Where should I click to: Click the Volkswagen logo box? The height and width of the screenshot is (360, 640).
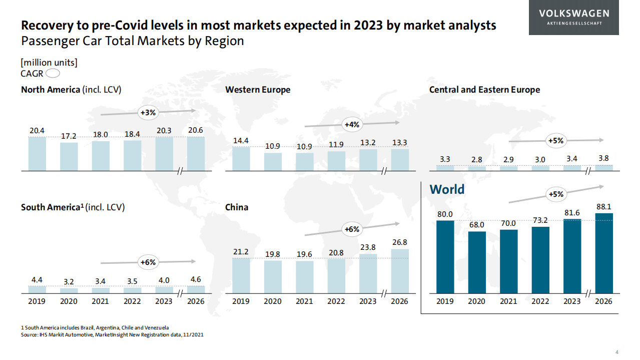[x=573, y=18]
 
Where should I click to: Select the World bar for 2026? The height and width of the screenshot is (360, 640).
[x=604, y=253]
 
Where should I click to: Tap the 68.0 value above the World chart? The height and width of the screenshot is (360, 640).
[x=477, y=225]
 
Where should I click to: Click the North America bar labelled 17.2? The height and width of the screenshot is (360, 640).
[x=69, y=157]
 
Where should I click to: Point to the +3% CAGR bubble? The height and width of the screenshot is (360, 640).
[x=148, y=113]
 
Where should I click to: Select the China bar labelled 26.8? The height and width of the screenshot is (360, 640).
[x=399, y=271]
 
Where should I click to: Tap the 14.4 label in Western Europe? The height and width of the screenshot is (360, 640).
[x=241, y=141]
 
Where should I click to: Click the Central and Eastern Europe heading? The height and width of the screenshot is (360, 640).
[x=484, y=90]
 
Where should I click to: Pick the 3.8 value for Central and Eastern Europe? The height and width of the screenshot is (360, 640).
[x=604, y=159]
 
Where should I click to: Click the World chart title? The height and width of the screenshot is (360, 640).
[x=447, y=189]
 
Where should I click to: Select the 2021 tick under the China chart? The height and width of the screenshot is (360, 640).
[x=304, y=301]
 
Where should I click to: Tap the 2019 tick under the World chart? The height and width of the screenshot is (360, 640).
[x=445, y=301]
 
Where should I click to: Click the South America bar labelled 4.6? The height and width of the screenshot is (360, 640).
[x=196, y=289]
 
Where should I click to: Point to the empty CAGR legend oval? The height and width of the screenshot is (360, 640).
[x=53, y=74]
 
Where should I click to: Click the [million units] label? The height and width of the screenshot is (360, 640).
[x=49, y=63]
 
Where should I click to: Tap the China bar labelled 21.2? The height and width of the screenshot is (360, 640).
[x=241, y=275]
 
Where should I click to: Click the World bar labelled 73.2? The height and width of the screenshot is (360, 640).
[x=540, y=260]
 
